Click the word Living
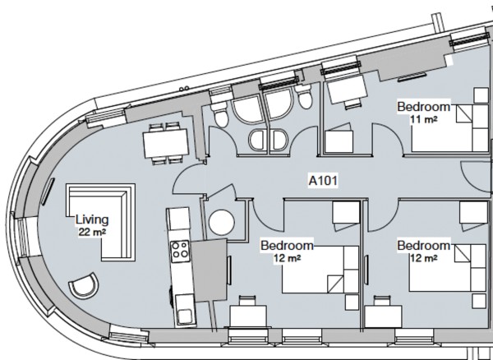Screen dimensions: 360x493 click(91, 219)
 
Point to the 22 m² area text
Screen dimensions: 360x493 click(91, 232)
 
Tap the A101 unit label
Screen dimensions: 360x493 click(323, 178)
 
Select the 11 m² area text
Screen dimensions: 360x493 click(424, 119)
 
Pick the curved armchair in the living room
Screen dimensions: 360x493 click(83, 288)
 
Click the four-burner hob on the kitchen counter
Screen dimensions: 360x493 click(179, 249)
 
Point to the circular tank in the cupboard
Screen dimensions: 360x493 click(221, 222)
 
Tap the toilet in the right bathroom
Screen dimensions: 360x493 click(304, 99)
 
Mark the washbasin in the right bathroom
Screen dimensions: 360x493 click(278, 138)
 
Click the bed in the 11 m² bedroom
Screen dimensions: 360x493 click(449, 127)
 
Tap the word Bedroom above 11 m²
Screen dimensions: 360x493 click(423, 107)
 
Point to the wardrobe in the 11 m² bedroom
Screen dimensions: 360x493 click(338, 142)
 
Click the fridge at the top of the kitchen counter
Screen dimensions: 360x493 click(178, 220)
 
